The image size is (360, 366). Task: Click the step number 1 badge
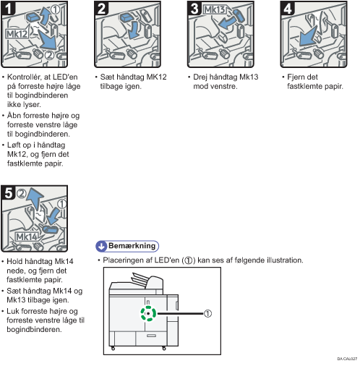click(x=8, y=9)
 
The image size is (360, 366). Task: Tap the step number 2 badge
click(x=101, y=9)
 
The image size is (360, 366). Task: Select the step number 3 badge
click(x=194, y=9)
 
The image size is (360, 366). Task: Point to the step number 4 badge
click(x=288, y=9)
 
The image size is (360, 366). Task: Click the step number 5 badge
click(x=8, y=192)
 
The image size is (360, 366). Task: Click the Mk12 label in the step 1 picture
click(x=17, y=34)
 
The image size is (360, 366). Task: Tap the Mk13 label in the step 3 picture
click(x=215, y=9)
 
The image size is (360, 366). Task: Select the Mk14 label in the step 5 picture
click(x=27, y=237)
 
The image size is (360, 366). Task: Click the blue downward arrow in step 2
click(x=133, y=30)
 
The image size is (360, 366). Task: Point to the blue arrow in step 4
click(x=308, y=37)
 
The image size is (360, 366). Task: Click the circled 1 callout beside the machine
click(x=207, y=313)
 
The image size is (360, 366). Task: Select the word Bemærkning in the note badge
click(x=132, y=246)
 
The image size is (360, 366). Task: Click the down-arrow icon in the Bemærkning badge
click(x=101, y=246)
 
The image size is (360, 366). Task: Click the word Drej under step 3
click(x=200, y=77)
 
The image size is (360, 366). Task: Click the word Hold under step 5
click(x=14, y=261)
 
